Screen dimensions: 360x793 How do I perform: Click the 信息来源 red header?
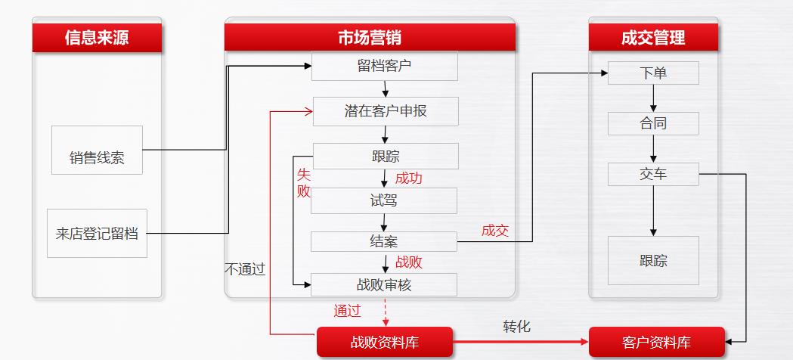pos(97,38)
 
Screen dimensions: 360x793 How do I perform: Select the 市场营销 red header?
pos(370,38)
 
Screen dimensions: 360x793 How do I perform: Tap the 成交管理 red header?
pos(653,38)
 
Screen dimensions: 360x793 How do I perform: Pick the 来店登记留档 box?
pos(97,233)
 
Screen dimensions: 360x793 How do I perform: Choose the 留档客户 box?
pos(384,66)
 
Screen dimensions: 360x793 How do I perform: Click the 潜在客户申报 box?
pos(386,111)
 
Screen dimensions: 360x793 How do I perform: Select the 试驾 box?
pos(384,200)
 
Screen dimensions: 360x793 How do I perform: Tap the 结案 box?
pos(384,241)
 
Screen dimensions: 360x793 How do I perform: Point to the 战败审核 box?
pos(384,284)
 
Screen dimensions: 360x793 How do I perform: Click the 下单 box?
pos(653,73)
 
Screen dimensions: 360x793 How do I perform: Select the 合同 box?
pos(653,123)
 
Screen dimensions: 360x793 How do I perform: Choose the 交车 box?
pos(653,174)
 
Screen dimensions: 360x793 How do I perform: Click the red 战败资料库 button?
pos(384,342)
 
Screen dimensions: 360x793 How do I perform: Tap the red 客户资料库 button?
pos(656,342)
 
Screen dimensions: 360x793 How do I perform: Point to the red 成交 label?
pos(495,231)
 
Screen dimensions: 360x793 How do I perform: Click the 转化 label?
pos(517,327)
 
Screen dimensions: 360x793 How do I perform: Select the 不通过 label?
pos(245,268)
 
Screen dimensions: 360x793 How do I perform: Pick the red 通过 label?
pos(348,310)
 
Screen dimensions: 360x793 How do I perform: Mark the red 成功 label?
pos(409,178)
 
